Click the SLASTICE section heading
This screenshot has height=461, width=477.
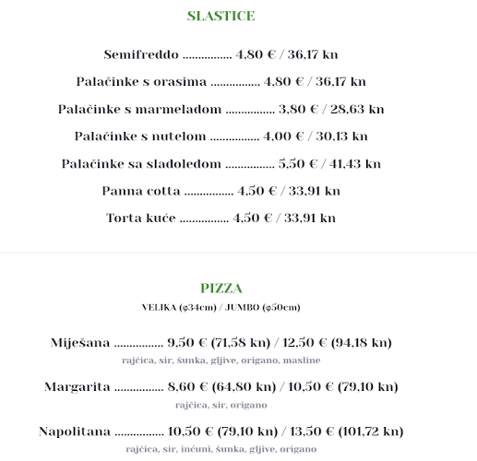coord(221,16)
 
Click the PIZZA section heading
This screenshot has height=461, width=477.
coord(221,289)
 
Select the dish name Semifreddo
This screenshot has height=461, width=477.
coord(141,54)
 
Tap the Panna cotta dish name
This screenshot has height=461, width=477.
coord(141,192)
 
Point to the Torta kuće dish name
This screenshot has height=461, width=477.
coord(141,219)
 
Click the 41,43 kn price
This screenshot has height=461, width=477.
coord(353,164)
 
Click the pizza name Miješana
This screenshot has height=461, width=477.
coord(81,343)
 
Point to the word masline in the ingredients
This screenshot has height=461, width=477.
coord(302,361)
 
